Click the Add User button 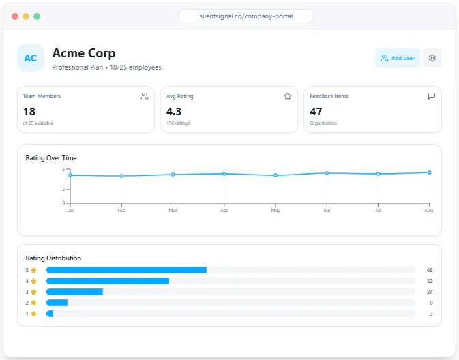pos(397,58)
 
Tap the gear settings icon pos(432,58)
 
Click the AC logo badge pos(31,58)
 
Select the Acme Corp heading pos(84,53)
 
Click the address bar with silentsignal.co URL pos(246,16)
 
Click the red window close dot pos(15,16)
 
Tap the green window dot pos(37,16)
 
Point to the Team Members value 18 pos(29,112)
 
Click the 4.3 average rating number pos(174,112)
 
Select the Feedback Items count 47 pos(316,112)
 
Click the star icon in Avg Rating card pos(288,96)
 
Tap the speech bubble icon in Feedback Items pos(432,96)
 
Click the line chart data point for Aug pos(430,172)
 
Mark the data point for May pos(276,175)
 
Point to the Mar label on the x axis pos(173,211)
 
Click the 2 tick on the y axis pos(63,190)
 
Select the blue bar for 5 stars pos(126,270)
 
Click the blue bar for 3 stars pos(74,292)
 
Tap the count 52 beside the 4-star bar pos(430,281)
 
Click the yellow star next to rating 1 pos(33,314)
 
